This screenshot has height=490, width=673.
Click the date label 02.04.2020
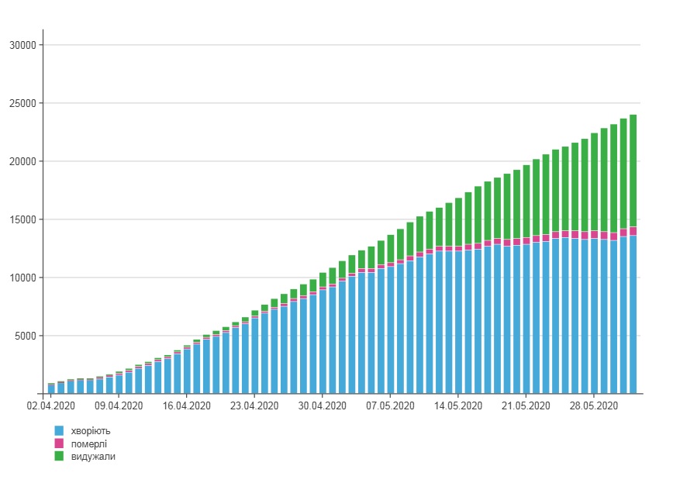pyautogui.click(x=50, y=405)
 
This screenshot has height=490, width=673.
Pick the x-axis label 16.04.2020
pyautogui.click(x=187, y=405)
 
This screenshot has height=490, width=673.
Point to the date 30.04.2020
pyautogui.click(x=323, y=405)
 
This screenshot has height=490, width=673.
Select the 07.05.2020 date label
pyautogui.click(x=391, y=405)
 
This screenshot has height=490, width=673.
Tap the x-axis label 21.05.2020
pyautogui.click(x=526, y=405)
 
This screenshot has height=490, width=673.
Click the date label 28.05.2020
pyautogui.click(x=595, y=405)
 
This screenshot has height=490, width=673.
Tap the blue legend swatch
pyautogui.click(x=59, y=430)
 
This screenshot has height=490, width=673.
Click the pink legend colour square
pyautogui.click(x=59, y=443)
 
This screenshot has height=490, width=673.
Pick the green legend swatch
pyautogui.click(x=59, y=457)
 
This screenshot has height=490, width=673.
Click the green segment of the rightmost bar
pyautogui.click(x=633, y=171)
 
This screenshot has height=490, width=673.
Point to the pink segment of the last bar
pyautogui.click(x=633, y=231)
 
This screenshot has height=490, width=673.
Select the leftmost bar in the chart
pyautogui.click(x=51, y=388)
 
